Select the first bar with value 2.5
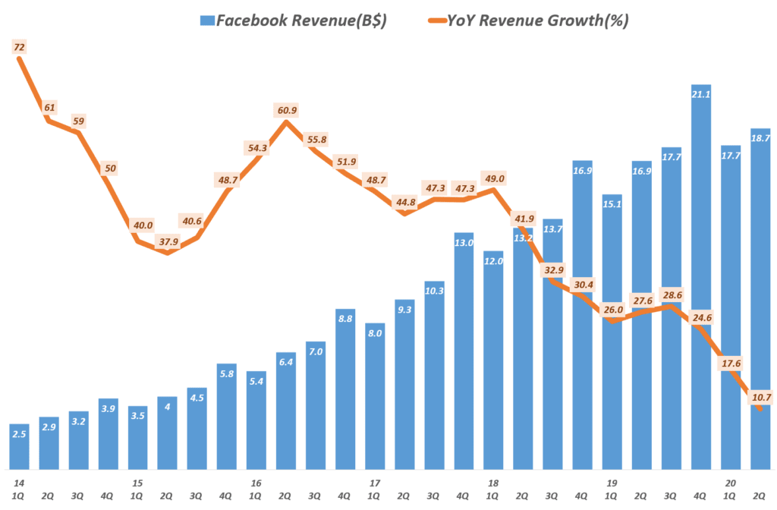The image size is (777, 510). (20, 446)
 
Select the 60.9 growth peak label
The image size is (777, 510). (287, 110)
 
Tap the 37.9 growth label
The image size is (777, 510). (168, 243)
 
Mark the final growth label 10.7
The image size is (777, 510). (760, 395)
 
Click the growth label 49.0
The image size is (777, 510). (493, 179)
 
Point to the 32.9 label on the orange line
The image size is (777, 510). (552, 269)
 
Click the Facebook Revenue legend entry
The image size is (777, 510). (293, 20)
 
